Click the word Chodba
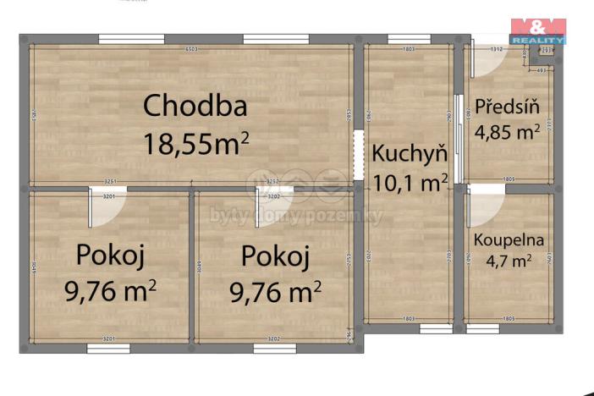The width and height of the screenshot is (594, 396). coord(195,107)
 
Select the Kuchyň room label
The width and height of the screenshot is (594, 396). coord(410,154)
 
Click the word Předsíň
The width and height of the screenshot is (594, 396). coord(506,107)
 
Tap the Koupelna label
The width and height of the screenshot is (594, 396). coord(508,239)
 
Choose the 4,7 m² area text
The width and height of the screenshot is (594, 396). coord(508,261)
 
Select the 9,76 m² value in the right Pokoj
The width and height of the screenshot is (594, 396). coord(275,292)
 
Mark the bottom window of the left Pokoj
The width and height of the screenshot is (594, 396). coord(108,348)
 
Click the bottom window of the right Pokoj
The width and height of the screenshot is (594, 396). coord(275,348)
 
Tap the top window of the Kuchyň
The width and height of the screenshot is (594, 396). coord(409,39)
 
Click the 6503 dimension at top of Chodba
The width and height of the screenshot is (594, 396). coord(192,50)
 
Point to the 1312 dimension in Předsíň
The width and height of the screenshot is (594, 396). coord(496,50)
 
